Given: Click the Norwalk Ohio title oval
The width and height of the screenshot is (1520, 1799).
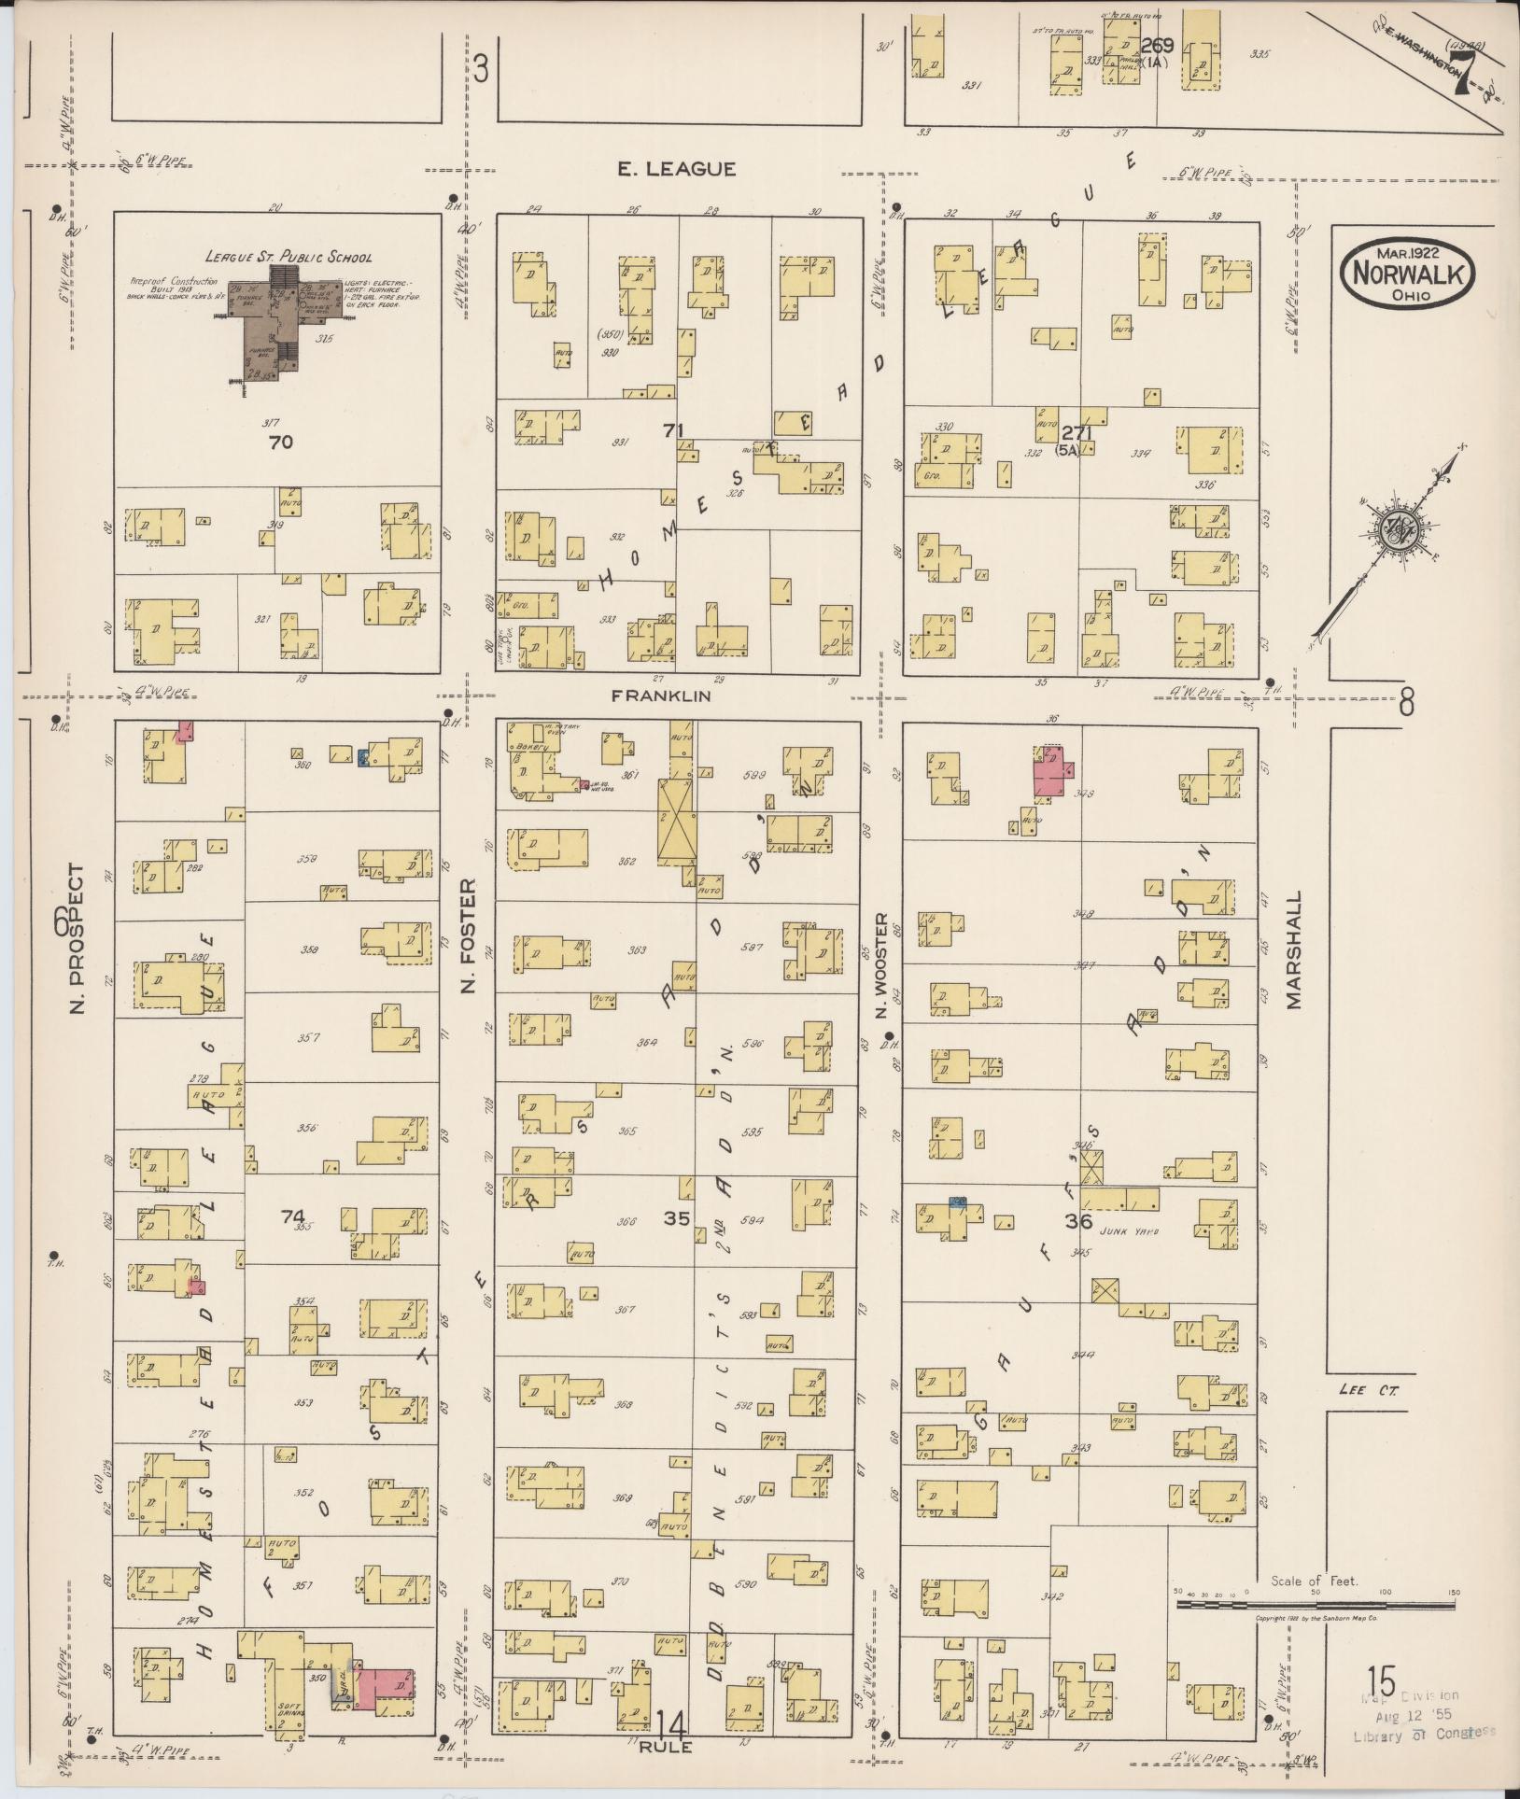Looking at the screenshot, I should pos(1409,272).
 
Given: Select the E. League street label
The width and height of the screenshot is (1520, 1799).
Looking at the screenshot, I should pos(676,169).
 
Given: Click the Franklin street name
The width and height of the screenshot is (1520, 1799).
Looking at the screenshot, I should pos(661,696).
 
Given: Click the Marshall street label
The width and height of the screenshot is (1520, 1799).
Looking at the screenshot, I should pos(1293,949).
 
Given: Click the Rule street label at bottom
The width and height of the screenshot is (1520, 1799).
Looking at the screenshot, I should pos(667,1747).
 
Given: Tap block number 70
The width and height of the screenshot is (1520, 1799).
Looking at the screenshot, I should pos(280,442).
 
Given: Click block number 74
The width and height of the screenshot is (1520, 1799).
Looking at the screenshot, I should pos(292,1216).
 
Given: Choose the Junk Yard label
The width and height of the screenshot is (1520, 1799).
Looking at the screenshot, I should pos(1134,1231).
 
